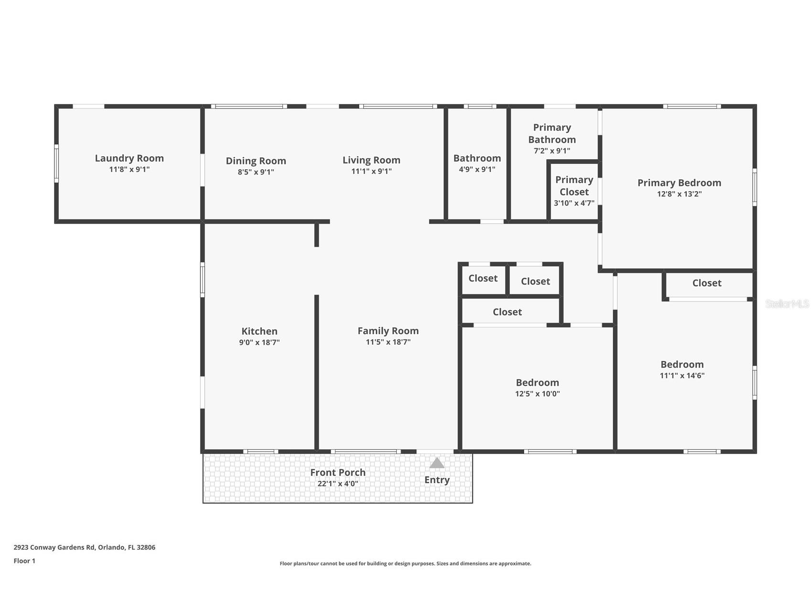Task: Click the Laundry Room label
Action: click(129, 158)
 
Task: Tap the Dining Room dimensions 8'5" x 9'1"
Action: click(256, 172)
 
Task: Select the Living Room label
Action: click(371, 160)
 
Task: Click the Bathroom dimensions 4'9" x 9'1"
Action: click(477, 169)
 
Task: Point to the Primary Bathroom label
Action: click(552, 133)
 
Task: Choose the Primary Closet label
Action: click(574, 185)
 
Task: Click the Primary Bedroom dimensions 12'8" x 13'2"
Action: click(679, 194)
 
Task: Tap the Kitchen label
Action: click(259, 331)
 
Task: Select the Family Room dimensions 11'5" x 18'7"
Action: click(388, 342)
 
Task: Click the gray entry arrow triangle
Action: click(436, 463)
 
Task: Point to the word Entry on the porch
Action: click(437, 480)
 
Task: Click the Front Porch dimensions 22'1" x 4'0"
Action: click(337, 484)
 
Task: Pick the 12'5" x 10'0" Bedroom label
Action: click(537, 383)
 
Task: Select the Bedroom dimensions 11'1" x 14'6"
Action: click(682, 376)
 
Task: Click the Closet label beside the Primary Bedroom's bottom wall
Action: click(706, 283)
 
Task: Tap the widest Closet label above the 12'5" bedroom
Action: click(507, 312)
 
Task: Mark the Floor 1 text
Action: click(24, 561)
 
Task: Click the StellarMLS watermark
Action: click(787, 304)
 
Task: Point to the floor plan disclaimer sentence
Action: click(405, 564)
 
